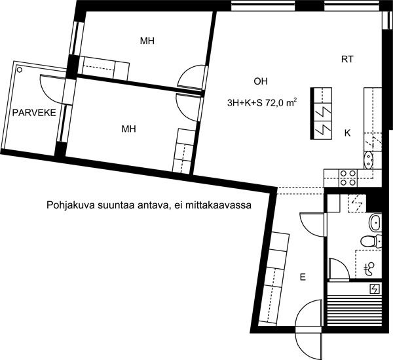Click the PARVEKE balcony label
click(34, 113)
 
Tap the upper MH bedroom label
click(147, 41)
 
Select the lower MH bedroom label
click(128, 129)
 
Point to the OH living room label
click(261, 81)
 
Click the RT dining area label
click(347, 59)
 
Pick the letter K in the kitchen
click(347, 133)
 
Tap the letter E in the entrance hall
click(303, 277)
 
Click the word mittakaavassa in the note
click(218, 205)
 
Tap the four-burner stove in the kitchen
click(348, 178)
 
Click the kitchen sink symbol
click(369, 160)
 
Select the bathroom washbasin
click(375, 222)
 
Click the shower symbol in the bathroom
click(369, 269)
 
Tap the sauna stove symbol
click(375, 289)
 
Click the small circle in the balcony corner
click(19, 70)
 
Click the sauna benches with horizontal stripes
click(354, 310)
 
